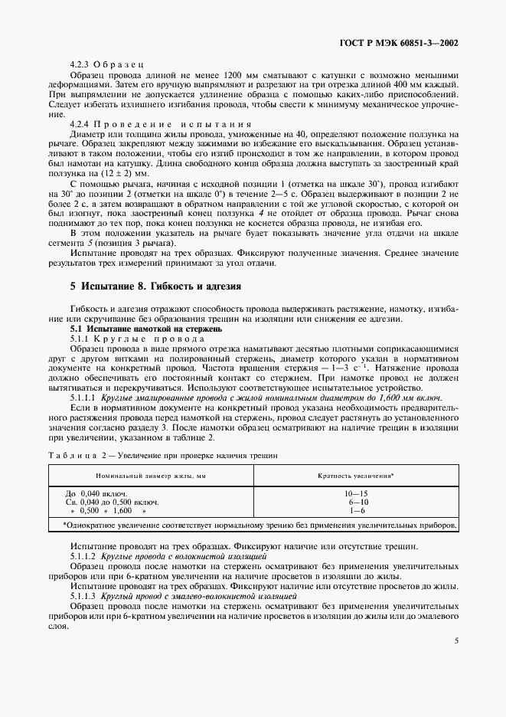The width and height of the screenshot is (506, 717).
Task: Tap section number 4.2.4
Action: [80, 124]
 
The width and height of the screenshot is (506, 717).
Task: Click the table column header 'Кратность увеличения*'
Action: [356, 476]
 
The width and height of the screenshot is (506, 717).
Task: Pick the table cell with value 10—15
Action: [356, 494]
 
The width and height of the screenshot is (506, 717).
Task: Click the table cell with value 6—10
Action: [356, 503]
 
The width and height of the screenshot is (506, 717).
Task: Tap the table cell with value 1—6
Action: [356, 511]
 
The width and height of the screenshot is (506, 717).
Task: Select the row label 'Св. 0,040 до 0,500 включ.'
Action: [113, 503]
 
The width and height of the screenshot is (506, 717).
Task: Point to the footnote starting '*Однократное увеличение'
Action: [253, 525]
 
